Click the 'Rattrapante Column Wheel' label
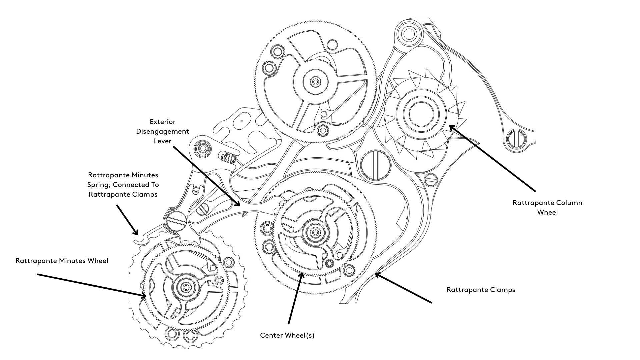[x=547, y=207]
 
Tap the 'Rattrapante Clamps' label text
[x=481, y=290]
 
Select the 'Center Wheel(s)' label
[x=287, y=335]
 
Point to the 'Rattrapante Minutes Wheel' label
[x=62, y=261]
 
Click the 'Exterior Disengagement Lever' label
[x=162, y=131]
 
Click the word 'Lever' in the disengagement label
[x=162, y=141]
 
